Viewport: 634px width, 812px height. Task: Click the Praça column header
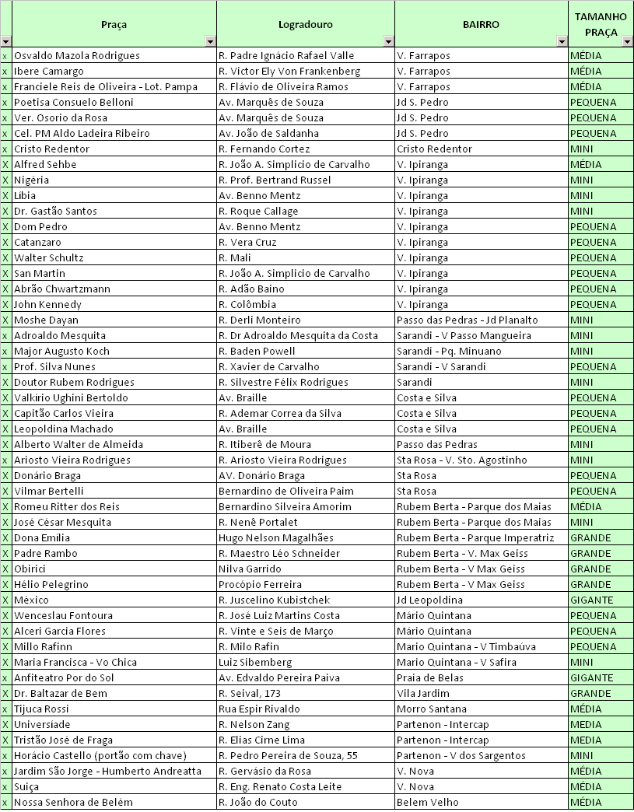pyautogui.click(x=114, y=24)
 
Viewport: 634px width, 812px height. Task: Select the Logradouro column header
pyautogui.click(x=305, y=24)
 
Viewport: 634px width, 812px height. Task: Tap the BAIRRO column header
pyautogui.click(x=481, y=24)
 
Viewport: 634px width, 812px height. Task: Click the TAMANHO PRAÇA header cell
pyautogui.click(x=601, y=24)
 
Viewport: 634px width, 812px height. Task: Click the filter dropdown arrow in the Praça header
pyautogui.click(x=210, y=41)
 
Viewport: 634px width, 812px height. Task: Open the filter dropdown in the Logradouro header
pyautogui.click(x=387, y=41)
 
